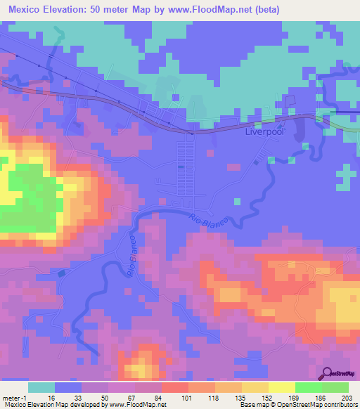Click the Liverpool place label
(x=263, y=131)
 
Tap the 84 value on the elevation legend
(x=162, y=397)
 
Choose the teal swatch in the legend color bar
(x=41, y=387)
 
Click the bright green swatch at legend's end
(x=335, y=387)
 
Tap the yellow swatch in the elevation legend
(x=281, y=387)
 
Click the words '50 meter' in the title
(x=112, y=8)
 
